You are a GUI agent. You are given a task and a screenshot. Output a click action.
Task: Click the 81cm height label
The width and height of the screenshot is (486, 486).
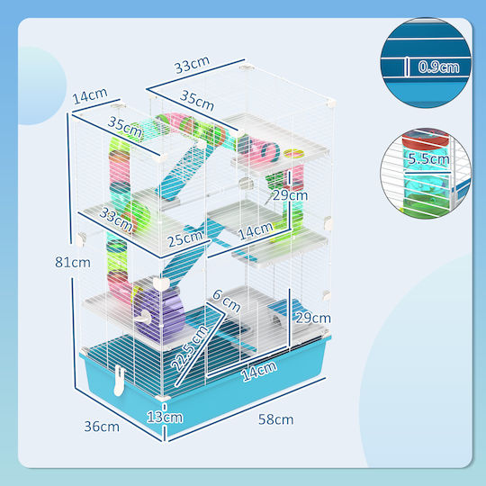click(73, 262)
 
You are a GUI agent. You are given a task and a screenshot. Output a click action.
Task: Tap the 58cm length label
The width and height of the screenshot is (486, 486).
click(276, 419)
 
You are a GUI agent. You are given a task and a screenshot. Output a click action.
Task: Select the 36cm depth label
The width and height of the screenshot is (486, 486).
click(102, 427)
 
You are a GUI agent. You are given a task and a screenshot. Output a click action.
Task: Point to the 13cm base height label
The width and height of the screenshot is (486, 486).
click(165, 417)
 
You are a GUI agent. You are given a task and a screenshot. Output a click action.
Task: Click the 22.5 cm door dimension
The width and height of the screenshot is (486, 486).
click(189, 348)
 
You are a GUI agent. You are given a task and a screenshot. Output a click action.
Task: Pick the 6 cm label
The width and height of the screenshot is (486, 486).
click(227, 301)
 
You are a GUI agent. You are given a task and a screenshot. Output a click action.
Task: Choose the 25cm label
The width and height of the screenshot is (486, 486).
click(185, 238)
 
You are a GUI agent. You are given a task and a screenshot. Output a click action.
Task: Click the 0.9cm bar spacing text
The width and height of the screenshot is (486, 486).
click(438, 67)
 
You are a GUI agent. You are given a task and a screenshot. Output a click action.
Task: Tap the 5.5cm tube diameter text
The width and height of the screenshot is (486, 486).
click(428, 158)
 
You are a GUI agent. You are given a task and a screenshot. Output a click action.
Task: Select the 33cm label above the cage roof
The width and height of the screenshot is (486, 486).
click(192, 65)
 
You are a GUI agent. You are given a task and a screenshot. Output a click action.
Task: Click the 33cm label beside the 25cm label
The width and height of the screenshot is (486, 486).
click(116, 220)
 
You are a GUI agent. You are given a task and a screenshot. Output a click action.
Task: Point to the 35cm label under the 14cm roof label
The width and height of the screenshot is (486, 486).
click(124, 127)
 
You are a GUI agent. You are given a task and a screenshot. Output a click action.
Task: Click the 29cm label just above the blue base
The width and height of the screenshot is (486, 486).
click(313, 318)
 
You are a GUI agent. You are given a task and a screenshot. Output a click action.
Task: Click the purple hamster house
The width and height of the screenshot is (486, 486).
click(159, 313)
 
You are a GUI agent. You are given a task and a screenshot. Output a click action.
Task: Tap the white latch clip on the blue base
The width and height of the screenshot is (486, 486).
click(120, 381)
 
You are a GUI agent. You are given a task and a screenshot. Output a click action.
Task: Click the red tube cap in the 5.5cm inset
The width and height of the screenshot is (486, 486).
click(425, 138)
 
